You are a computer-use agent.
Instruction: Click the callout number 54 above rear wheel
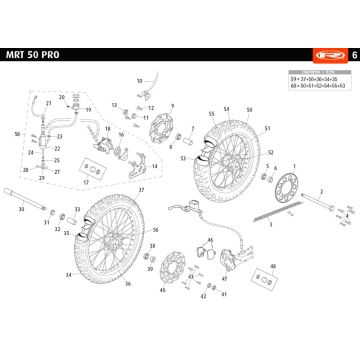click(x=227, y=107)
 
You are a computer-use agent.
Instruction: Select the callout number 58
click(x=17, y=133)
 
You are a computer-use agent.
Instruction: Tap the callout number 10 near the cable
click(x=140, y=78)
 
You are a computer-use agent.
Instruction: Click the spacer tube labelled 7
click(x=187, y=133)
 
